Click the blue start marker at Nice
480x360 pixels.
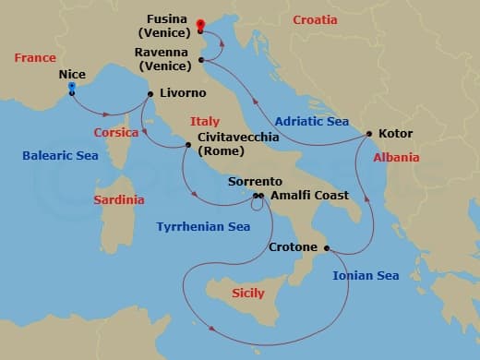click(72, 89)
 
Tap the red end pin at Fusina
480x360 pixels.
click(200, 17)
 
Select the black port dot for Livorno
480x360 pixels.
click(150, 93)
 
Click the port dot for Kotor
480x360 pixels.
click(369, 134)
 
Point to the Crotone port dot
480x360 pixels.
click(328, 247)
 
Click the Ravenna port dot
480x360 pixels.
click(201, 61)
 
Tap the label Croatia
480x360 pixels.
click(315, 19)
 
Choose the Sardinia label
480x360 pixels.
click(119, 199)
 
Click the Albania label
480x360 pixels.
click(396, 158)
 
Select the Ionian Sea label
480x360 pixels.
click(365, 275)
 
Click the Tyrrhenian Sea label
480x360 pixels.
click(203, 225)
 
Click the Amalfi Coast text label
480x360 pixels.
click(309, 195)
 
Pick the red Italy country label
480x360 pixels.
click(204, 121)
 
